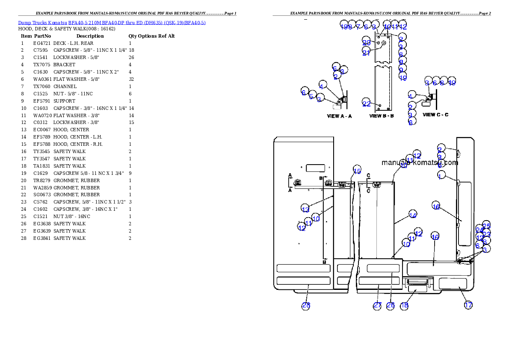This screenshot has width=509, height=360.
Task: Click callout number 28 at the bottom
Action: [x=306, y=305]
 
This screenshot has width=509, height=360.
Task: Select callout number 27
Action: [x=377, y=305]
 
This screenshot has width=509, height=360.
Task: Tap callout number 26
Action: [x=391, y=305]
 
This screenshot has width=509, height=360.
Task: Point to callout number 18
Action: [x=404, y=305]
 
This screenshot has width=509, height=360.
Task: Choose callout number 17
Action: [x=469, y=305]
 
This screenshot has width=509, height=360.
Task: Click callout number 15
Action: [x=357, y=169]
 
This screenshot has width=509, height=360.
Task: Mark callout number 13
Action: [x=305, y=209]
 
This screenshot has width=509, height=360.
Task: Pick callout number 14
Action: [x=412, y=215]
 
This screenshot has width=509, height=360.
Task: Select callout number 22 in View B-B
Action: [x=367, y=103]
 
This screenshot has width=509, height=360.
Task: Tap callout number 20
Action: [x=367, y=42]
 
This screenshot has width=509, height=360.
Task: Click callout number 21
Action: [x=366, y=53]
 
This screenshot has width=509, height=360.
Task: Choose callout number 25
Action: [x=486, y=225]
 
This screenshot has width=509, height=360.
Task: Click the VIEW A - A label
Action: [x=339, y=116]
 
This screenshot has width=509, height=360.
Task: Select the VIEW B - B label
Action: [x=382, y=116]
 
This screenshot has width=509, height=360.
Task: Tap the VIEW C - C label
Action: [x=435, y=115]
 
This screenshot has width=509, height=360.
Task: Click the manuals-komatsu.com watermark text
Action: [x=420, y=162]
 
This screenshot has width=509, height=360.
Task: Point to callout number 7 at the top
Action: [x=358, y=26]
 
